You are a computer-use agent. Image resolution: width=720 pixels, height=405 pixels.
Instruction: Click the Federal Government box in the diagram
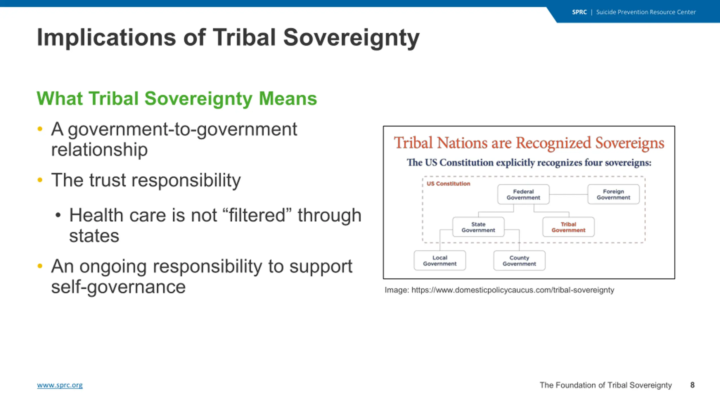click(523, 194)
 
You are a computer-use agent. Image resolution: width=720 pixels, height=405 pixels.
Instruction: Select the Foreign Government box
click(613, 194)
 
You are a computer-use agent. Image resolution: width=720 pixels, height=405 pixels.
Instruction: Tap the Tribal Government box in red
click(568, 227)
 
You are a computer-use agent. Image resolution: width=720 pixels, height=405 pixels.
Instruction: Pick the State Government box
click(478, 227)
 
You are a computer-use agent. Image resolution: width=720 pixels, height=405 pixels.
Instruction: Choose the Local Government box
click(440, 261)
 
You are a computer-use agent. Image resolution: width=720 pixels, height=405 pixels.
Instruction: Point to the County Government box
click(519, 261)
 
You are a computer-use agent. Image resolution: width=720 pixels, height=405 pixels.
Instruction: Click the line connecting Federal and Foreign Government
click(568, 194)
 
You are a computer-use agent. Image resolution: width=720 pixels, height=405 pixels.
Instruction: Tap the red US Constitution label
click(448, 184)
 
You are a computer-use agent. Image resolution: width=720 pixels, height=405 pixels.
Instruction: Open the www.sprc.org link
click(60, 385)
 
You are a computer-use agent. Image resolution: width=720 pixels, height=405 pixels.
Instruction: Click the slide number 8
click(692, 385)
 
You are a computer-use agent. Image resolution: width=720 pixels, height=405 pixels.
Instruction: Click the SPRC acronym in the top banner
click(579, 12)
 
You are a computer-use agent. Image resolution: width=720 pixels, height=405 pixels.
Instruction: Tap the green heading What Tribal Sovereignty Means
click(177, 99)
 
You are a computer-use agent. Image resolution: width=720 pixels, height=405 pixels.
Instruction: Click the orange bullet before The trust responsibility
click(40, 180)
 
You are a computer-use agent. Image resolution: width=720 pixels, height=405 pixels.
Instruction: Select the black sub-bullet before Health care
click(58, 215)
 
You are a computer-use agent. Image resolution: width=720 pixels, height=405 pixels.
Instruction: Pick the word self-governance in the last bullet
click(118, 287)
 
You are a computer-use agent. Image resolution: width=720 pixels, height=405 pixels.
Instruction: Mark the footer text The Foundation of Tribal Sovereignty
click(606, 385)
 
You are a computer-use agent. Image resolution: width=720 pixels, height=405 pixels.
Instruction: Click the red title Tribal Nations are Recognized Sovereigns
click(529, 143)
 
